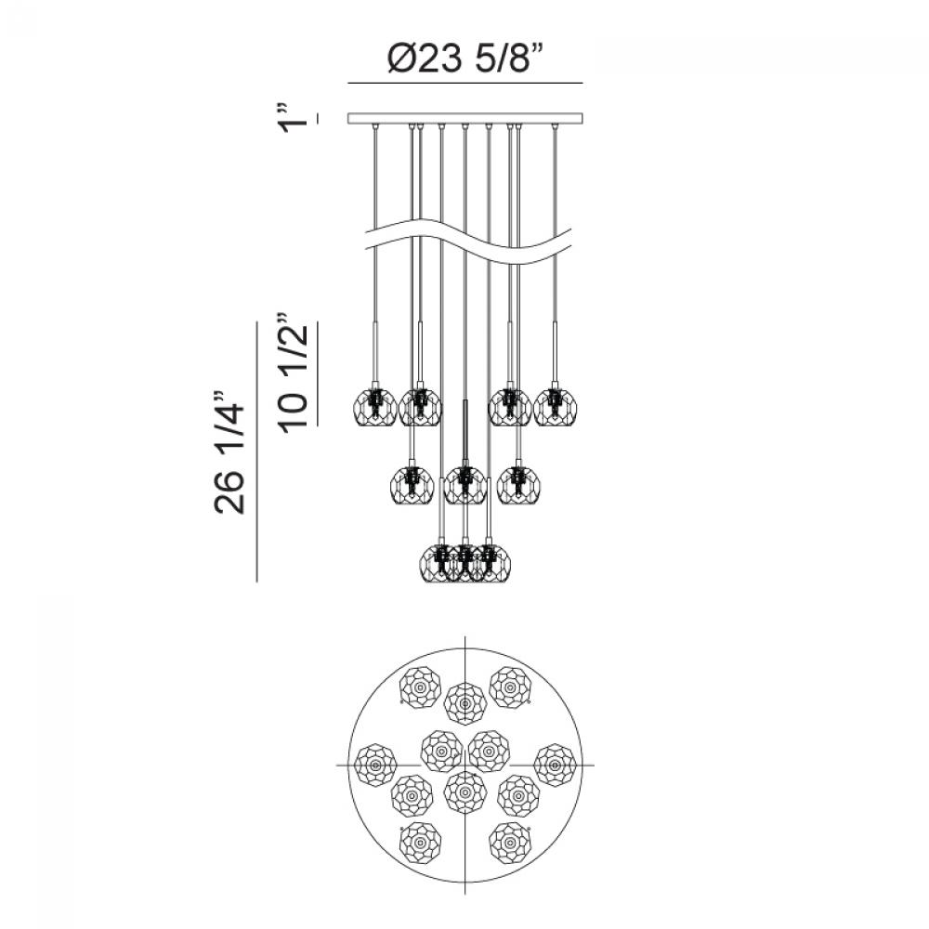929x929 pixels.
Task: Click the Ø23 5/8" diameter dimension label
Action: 465,59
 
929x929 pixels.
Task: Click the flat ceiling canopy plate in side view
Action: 465,119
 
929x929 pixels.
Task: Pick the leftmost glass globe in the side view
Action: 374,407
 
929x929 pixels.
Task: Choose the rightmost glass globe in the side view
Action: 556,407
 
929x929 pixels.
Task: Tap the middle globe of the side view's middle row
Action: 465,485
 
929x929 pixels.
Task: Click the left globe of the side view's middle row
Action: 412,485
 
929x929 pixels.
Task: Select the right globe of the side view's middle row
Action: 518,485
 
